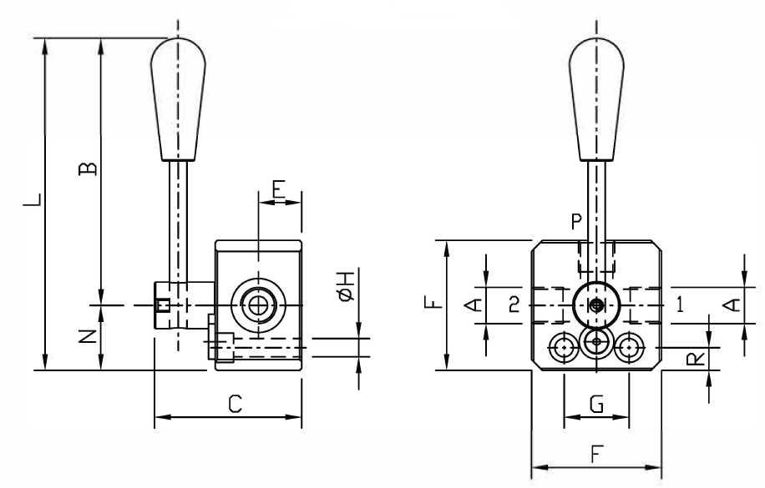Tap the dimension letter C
(236, 405)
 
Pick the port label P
(575, 222)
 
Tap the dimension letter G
(596, 405)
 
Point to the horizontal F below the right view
(596, 455)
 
